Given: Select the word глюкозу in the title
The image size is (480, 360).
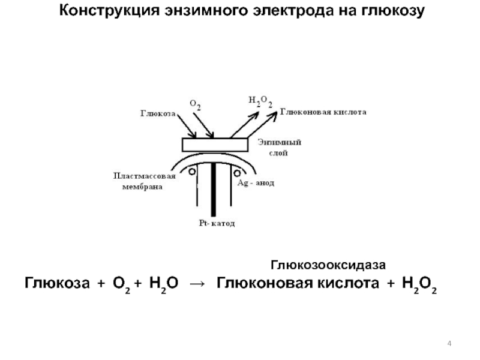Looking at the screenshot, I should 390,11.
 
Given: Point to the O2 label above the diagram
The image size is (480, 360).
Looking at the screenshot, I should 195,104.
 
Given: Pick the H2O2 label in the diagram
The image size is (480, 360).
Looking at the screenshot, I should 260,101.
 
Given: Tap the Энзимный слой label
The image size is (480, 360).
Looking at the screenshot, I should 279,148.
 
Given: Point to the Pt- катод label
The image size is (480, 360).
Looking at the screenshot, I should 216,223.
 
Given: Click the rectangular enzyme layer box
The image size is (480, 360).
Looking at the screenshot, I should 215,145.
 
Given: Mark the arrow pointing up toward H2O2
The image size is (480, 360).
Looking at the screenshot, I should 241,125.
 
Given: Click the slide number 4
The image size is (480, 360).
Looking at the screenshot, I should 449,343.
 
